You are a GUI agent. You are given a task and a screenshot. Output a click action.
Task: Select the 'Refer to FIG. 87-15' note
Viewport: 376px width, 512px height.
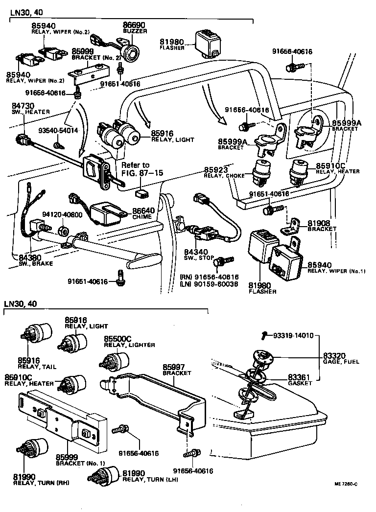[135, 169]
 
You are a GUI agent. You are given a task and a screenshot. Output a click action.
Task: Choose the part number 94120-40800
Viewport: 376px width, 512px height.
[62, 214]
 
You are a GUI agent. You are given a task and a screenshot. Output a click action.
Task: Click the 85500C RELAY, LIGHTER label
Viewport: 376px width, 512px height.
[129, 341]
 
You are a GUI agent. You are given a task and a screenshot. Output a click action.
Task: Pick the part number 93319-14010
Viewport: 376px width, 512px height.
[292, 336]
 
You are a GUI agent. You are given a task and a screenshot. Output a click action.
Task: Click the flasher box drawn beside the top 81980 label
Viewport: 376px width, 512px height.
[207, 40]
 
